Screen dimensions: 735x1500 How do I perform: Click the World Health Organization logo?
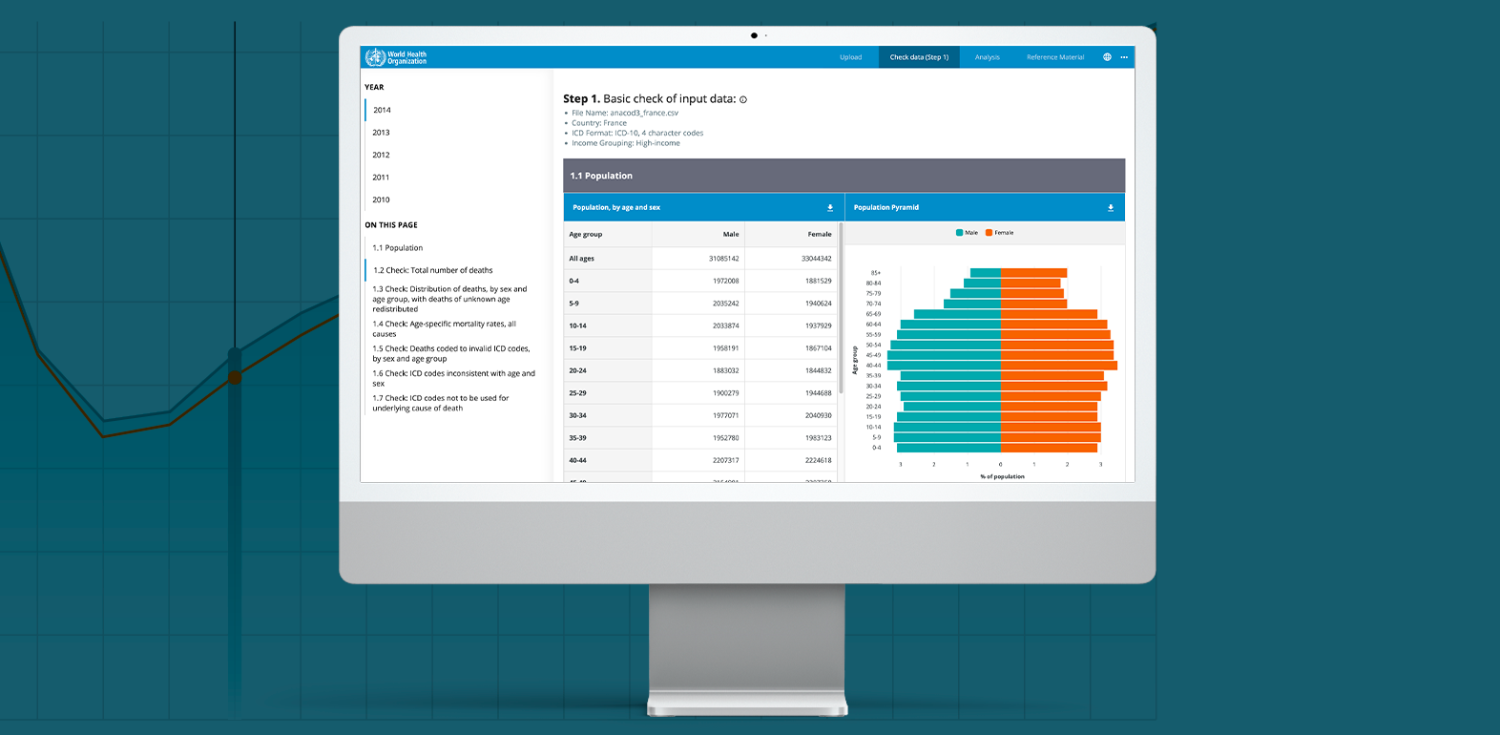coord(396,57)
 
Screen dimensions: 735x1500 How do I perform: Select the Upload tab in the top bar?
coord(850,57)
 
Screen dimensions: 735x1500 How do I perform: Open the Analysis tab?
coord(987,57)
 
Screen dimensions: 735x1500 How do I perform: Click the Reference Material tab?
coord(1054,57)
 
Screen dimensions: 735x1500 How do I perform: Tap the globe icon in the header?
coord(1107,57)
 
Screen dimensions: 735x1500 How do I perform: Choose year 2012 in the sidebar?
coord(381,155)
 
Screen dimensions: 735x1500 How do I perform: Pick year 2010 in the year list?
coord(381,199)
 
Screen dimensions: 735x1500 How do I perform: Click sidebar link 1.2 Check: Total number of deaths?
coord(433,270)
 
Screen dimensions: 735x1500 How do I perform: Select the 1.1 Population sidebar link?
coord(398,248)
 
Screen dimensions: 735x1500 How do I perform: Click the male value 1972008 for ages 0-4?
coord(725,281)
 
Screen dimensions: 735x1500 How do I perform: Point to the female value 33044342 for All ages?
coord(816,259)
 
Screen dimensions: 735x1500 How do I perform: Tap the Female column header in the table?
coord(819,234)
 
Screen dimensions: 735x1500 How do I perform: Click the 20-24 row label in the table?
coord(577,370)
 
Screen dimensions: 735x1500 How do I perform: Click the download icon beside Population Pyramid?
coord(1110,207)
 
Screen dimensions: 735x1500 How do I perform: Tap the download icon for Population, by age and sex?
coord(829,207)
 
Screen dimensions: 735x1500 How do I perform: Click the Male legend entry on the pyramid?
coord(967,233)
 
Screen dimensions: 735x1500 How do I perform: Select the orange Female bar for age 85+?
coord(1033,273)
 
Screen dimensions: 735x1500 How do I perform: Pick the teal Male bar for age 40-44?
coord(944,366)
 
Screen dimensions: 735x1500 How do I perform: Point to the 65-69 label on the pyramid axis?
coord(873,314)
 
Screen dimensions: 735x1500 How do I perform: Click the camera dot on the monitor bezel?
coord(754,35)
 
